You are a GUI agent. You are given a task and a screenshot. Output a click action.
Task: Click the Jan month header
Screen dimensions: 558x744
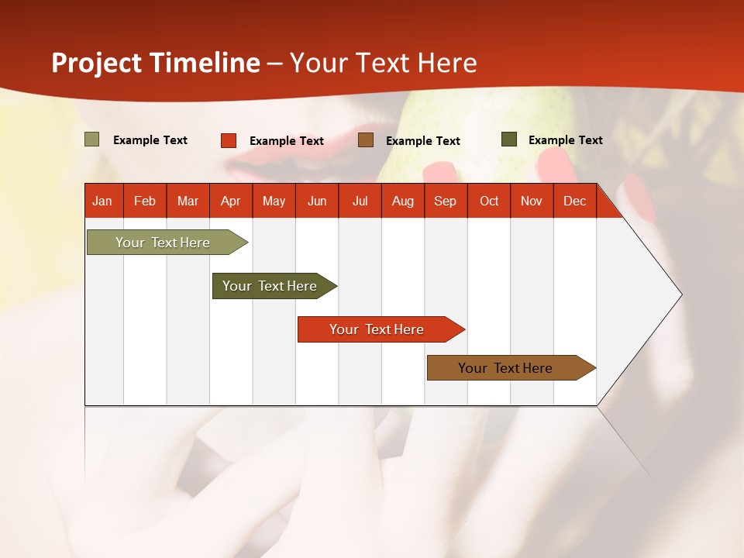click(103, 201)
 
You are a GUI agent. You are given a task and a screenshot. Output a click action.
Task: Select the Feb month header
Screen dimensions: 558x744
click(145, 201)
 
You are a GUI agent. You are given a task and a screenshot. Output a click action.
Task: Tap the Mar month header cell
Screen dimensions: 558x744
click(188, 201)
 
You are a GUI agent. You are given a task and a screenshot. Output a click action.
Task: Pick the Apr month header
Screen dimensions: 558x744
click(231, 201)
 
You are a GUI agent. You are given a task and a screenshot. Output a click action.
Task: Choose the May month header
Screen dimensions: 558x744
click(274, 201)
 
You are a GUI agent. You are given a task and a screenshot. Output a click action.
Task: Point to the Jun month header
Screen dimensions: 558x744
click(317, 201)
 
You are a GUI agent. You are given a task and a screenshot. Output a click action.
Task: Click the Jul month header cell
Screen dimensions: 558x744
click(360, 201)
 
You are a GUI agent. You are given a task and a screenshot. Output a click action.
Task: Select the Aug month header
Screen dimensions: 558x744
click(403, 201)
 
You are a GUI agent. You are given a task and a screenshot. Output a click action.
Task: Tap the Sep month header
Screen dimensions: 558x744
click(446, 201)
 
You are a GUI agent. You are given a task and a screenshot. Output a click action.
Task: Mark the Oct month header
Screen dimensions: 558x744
click(489, 201)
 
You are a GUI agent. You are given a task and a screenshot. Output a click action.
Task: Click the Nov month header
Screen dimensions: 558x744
click(532, 201)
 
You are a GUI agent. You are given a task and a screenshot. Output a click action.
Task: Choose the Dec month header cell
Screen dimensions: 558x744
click(575, 201)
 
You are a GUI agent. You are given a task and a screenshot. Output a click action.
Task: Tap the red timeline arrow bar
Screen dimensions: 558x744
click(377, 329)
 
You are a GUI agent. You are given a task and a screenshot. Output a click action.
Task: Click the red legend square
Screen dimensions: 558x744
click(229, 140)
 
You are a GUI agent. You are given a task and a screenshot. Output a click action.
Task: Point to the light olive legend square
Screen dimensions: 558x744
click(92, 139)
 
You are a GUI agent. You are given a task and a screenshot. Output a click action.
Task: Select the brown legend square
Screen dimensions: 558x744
click(366, 140)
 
